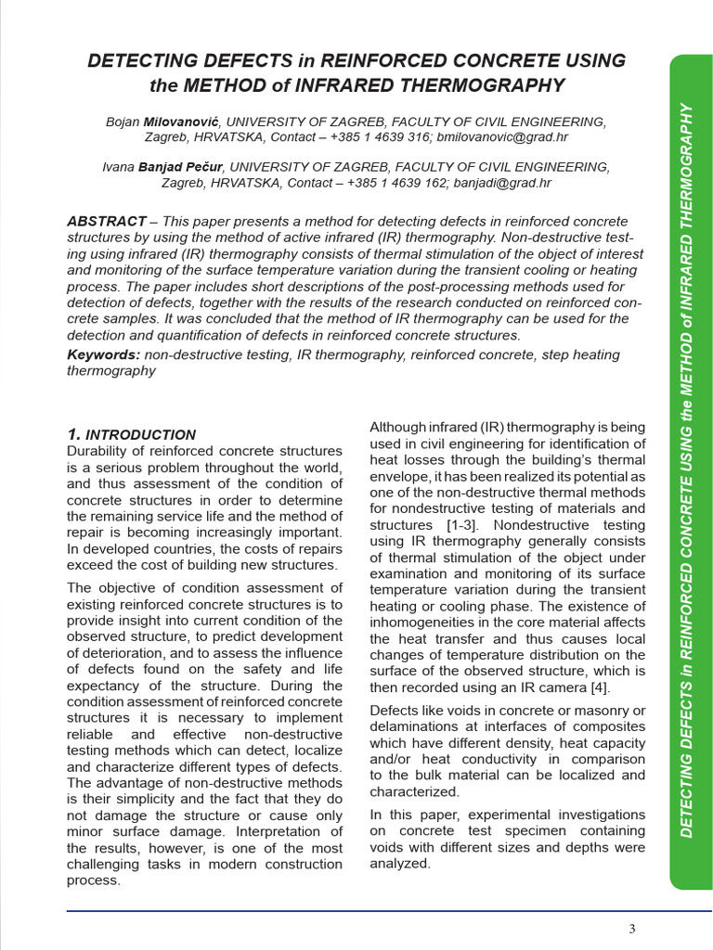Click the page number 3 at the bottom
pyautogui.click(x=632, y=930)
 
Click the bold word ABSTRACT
pyautogui.click(x=106, y=222)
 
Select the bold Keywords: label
pyautogui.click(x=104, y=354)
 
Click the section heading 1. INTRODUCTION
pyautogui.click(x=132, y=434)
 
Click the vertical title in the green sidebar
pyautogui.click(x=688, y=469)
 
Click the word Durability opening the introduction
pyautogui.click(x=97, y=451)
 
